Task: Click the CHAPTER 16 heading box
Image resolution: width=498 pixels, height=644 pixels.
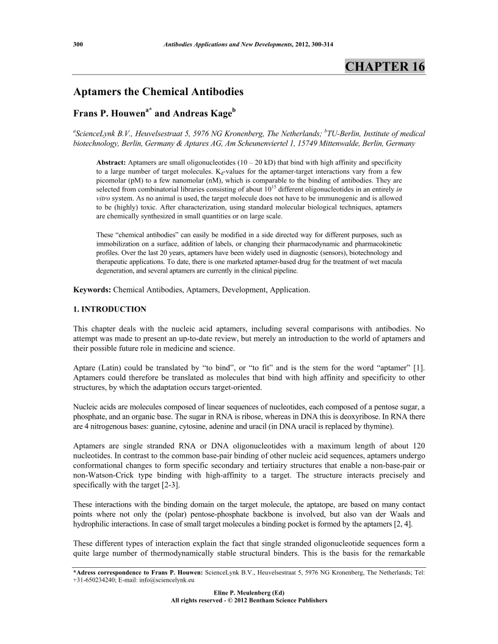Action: point(384,66)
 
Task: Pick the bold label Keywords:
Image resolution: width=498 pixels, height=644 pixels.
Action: point(92,290)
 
